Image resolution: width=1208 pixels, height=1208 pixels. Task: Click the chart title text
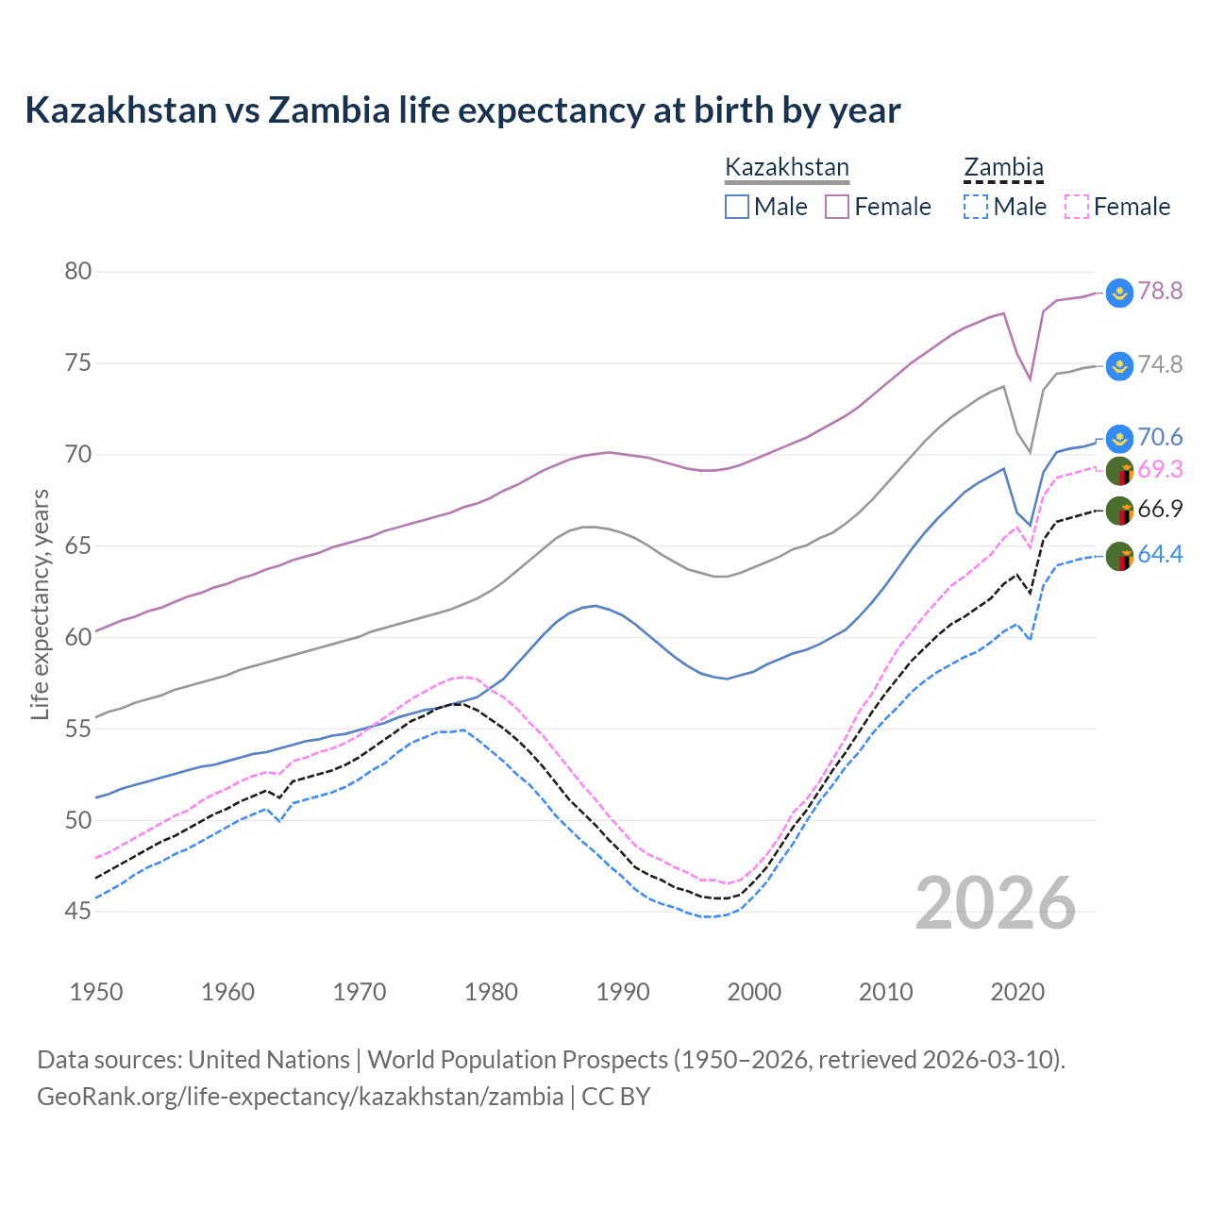[462, 110]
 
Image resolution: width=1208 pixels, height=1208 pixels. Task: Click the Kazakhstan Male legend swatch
[737, 207]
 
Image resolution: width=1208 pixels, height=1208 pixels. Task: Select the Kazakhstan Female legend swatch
[837, 207]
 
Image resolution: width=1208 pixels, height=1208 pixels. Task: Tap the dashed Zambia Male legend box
[976, 207]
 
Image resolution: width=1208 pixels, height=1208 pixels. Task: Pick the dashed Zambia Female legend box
[1077, 207]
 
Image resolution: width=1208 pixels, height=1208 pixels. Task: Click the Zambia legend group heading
[1003, 168]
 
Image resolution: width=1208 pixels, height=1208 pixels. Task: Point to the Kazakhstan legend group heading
[787, 168]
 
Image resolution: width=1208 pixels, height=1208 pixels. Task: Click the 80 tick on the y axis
[78, 272]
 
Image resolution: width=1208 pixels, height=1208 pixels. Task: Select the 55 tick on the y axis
[78, 729]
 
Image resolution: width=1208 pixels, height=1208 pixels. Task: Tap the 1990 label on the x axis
[623, 992]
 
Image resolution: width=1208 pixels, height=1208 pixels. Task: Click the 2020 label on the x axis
[1017, 992]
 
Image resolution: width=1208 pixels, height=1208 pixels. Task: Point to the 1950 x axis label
[97, 992]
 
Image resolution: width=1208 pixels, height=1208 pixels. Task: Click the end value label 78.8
[1160, 291]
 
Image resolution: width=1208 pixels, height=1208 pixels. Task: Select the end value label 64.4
[1160, 555]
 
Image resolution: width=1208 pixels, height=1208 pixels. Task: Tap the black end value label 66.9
[1160, 510]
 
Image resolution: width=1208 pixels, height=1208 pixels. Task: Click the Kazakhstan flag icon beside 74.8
[1119, 365]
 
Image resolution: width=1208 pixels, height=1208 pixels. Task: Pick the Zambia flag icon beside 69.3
[1119, 470]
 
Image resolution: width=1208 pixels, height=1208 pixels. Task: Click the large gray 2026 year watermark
[996, 903]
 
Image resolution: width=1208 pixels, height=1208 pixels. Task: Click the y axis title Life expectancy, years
[40, 604]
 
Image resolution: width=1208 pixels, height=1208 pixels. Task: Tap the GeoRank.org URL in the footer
[300, 1097]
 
